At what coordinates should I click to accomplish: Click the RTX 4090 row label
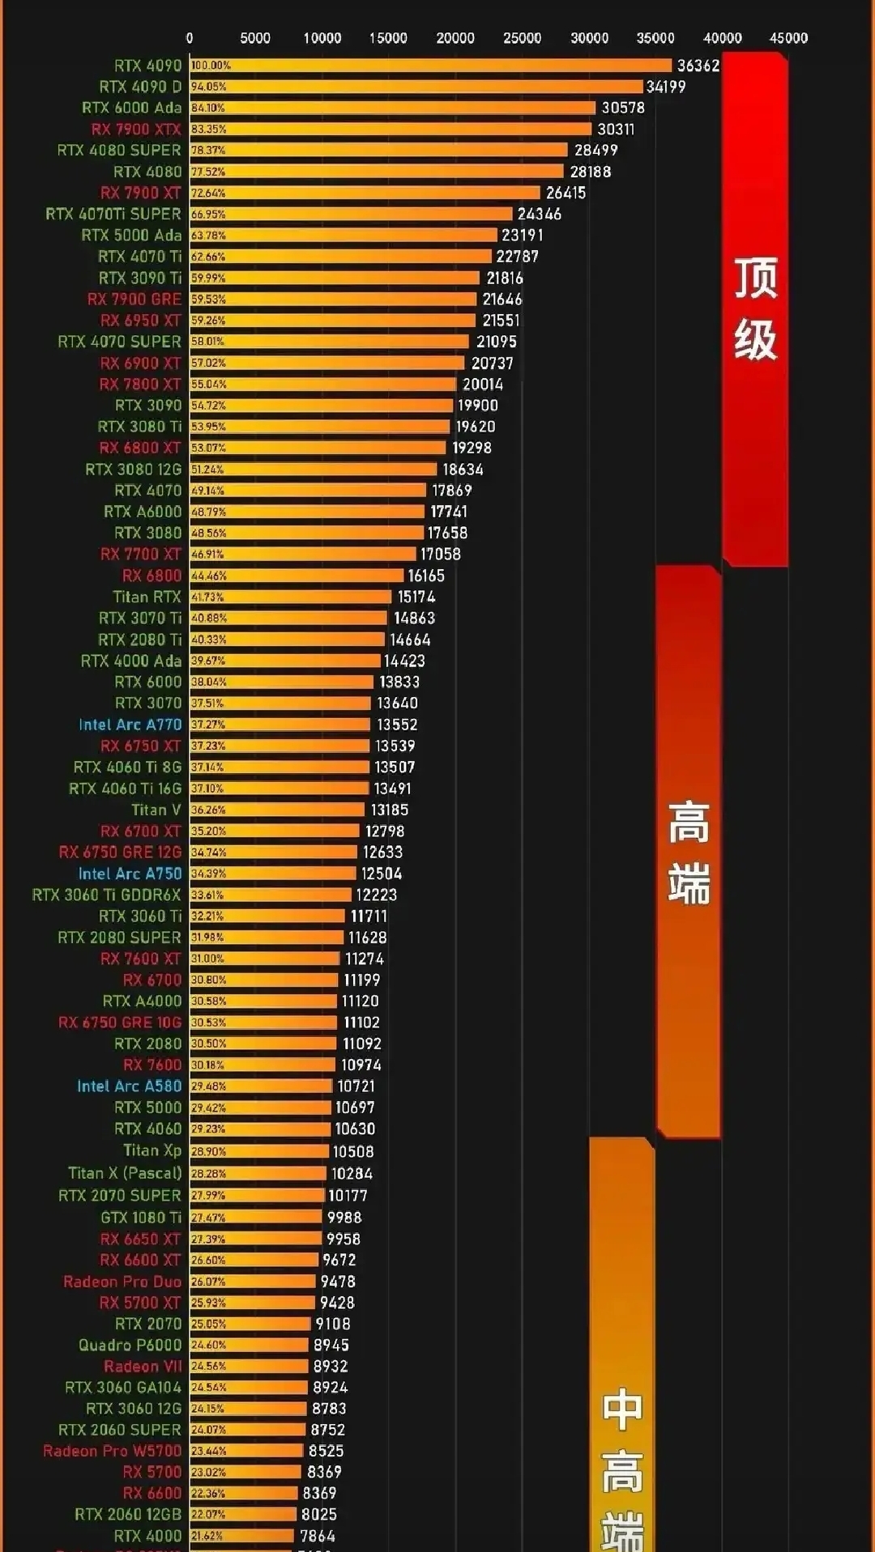click(147, 66)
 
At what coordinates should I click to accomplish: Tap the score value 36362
click(698, 66)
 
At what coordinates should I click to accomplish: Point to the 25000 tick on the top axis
click(522, 38)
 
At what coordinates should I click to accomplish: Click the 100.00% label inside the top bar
click(211, 66)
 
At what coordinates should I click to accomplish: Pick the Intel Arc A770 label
click(130, 725)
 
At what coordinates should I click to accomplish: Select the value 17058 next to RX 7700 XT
click(440, 554)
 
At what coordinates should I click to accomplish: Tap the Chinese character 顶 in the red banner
click(755, 279)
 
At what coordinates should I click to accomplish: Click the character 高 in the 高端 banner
click(689, 823)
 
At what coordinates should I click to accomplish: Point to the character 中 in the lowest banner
click(622, 1409)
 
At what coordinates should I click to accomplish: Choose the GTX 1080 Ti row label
click(140, 1217)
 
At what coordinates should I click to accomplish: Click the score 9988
click(344, 1217)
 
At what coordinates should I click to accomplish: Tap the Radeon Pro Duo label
click(122, 1282)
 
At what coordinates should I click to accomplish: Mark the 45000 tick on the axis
click(788, 38)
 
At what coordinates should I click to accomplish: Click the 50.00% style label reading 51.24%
click(207, 470)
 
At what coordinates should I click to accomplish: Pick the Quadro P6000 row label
click(130, 1345)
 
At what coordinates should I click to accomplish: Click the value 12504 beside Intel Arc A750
click(381, 874)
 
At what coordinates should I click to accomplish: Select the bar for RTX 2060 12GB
click(243, 1514)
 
